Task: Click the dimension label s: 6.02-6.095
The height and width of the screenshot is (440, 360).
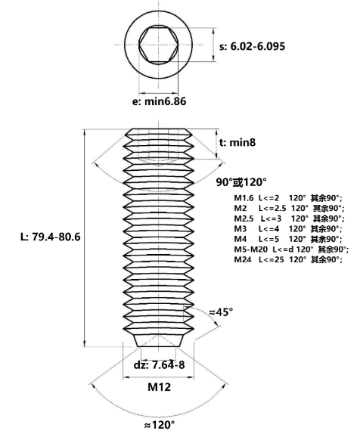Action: click(252, 46)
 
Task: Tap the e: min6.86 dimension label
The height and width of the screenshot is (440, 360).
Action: click(160, 101)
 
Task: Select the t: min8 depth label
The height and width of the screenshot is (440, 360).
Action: click(237, 143)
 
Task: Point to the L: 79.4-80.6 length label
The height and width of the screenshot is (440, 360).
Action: click(51, 237)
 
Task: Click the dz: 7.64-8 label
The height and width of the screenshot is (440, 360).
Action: click(160, 365)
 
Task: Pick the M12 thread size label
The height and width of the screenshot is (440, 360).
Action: click(160, 387)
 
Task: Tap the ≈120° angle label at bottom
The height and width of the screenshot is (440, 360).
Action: click(160, 425)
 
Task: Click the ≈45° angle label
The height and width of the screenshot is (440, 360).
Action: click(221, 311)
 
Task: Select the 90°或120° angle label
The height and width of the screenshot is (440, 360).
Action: click(241, 182)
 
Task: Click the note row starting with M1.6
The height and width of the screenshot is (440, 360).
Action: click(288, 198)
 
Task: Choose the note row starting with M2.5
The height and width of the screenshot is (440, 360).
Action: click(289, 218)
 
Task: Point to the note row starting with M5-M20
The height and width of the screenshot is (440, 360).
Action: click(291, 249)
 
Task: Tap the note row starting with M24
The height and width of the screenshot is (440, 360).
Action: click(288, 259)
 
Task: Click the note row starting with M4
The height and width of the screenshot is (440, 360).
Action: click(288, 239)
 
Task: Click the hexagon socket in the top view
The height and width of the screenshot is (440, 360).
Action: click(159, 45)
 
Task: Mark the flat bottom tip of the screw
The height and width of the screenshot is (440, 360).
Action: click(159, 346)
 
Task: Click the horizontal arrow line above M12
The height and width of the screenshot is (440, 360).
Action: click(159, 377)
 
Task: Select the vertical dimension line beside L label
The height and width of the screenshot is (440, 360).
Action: click(85, 238)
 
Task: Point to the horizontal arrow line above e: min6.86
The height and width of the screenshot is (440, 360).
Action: click(159, 93)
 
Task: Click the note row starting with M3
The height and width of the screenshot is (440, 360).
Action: click(288, 229)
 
